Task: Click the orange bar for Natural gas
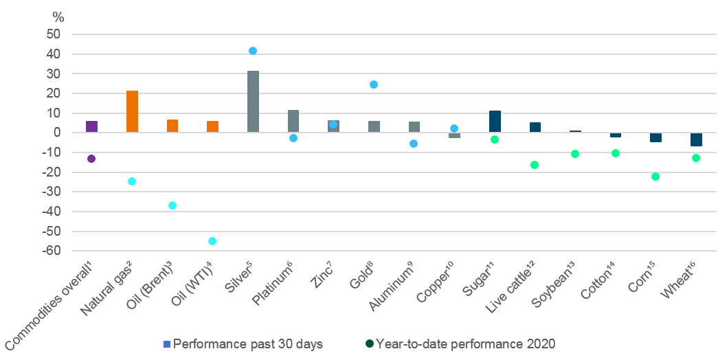pos(132,111)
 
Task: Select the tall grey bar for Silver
pos(253,102)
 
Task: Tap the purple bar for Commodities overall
pos(91,126)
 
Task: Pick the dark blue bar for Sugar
pos(495,122)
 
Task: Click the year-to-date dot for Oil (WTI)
pos(212,241)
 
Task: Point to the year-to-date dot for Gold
pos(374,85)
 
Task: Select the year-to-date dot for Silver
pos(253,51)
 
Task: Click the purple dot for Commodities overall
pos(91,159)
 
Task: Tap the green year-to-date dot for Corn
pos(655,177)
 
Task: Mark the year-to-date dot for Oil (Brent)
pos(172,205)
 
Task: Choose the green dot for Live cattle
pos(535,165)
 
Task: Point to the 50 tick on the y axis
pos(54,34)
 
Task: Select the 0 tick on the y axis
pos(58,133)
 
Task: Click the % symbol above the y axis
pos(58,17)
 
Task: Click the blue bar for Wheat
pos(696,139)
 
